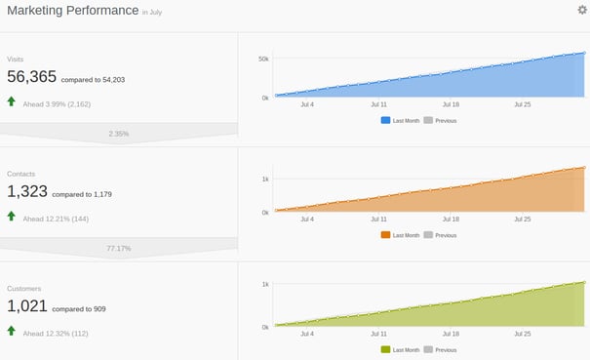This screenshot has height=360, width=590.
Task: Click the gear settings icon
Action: click(582, 11)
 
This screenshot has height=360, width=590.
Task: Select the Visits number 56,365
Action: click(31, 77)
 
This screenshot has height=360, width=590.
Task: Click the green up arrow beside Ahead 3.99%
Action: click(12, 101)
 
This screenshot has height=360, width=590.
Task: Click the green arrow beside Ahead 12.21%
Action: click(12, 217)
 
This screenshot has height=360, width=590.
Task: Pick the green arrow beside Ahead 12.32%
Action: click(12, 332)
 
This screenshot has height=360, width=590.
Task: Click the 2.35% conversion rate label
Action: click(119, 133)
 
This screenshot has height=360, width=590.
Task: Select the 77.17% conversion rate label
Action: click(119, 248)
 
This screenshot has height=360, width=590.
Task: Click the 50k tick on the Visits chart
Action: click(262, 60)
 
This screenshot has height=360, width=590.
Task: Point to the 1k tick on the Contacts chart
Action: click(264, 179)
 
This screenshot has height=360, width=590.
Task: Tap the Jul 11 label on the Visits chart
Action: click(377, 103)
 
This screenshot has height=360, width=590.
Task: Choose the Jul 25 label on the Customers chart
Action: click(521, 334)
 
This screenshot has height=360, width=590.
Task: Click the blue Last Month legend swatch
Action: click(385, 120)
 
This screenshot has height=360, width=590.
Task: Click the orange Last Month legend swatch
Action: click(385, 235)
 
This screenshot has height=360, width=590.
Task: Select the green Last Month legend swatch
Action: click(385, 349)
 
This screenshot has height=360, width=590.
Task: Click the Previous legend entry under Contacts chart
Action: click(445, 235)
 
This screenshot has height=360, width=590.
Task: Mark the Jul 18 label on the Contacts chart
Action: click(451, 220)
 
